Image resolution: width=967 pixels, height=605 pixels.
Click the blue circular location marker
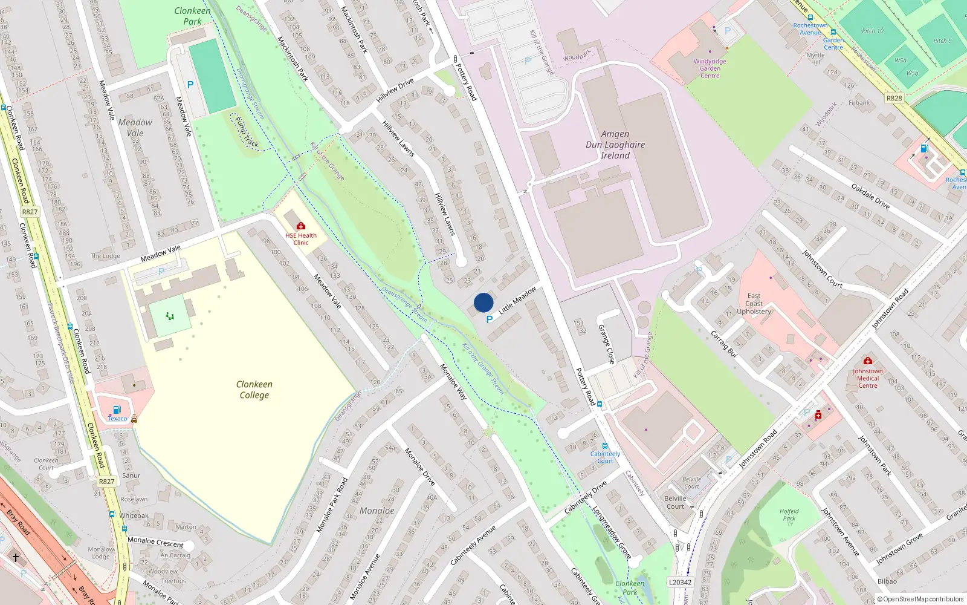click(x=483, y=302)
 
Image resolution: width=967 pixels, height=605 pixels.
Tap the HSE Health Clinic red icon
click(x=301, y=226)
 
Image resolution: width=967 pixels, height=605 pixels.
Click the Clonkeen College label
click(x=254, y=390)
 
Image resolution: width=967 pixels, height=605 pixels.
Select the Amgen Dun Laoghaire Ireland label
click(x=615, y=145)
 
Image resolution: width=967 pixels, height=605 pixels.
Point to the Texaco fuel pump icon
click(x=117, y=410)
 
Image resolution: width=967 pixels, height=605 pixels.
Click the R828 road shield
click(x=894, y=98)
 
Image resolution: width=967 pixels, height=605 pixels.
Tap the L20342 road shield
click(x=680, y=582)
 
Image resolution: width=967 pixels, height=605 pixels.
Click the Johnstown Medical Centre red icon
click(x=868, y=361)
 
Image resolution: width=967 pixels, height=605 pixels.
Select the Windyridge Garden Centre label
click(x=710, y=68)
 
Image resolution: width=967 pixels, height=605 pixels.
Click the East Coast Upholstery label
click(x=754, y=304)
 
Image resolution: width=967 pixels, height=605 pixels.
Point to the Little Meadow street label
click(x=517, y=300)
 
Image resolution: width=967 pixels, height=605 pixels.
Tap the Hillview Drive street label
click(x=395, y=90)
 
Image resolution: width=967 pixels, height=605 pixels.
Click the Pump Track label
click(x=247, y=132)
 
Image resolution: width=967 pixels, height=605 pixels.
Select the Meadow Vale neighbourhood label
click(x=135, y=127)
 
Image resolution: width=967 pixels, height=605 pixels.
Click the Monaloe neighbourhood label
click(x=377, y=511)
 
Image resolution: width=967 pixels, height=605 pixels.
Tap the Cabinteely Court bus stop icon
click(x=605, y=446)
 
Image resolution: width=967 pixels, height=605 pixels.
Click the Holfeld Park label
click(x=789, y=514)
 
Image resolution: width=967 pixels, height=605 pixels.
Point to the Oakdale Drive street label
click(x=870, y=196)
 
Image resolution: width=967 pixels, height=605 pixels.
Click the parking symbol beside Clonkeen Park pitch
click(x=190, y=85)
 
